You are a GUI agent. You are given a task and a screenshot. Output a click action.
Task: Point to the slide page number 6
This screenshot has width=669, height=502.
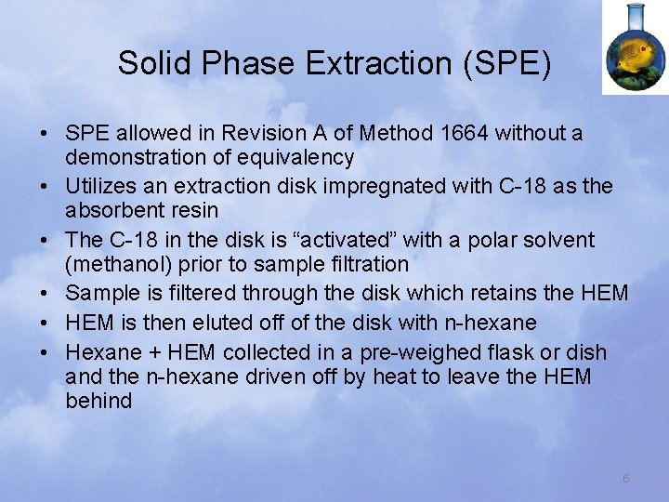point(626,478)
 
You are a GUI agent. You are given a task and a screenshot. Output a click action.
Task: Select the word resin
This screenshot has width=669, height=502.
point(193,210)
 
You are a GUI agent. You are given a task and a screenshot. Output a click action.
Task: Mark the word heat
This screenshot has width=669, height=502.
point(425,377)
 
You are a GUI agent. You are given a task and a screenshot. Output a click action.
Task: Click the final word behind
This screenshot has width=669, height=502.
point(99,402)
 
